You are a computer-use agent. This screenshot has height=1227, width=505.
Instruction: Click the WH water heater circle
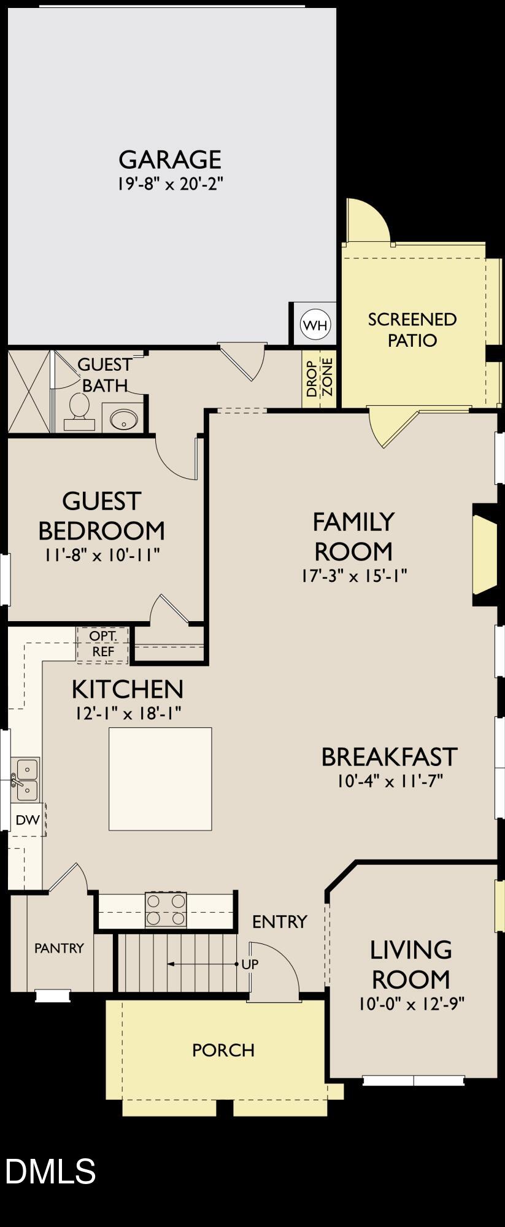coord(315,325)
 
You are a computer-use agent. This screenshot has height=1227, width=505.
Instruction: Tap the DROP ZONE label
coord(320,379)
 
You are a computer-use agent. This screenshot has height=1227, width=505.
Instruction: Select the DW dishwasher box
coord(27,819)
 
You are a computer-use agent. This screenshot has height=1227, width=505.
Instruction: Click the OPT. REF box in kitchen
coord(102,644)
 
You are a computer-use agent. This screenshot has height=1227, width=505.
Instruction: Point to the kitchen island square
coord(160,778)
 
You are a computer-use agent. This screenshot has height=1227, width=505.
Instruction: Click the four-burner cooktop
coord(166,909)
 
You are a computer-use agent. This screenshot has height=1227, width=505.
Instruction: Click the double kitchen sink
coord(26,780)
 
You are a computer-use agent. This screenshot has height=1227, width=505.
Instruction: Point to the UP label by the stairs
coord(250,964)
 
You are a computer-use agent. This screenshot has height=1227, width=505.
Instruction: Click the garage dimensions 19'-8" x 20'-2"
coord(169,184)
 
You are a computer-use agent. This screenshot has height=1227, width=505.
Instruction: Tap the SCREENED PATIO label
coord(412,330)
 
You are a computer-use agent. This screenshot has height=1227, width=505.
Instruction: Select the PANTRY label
coord(59,948)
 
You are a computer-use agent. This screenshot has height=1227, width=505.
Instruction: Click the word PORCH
coord(223,1050)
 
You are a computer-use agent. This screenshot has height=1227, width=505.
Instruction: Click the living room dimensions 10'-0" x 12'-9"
coord(411,1004)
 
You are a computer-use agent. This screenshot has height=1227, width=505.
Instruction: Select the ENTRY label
coord(279,921)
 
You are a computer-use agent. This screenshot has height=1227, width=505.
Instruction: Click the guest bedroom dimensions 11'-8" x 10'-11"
coord(102,555)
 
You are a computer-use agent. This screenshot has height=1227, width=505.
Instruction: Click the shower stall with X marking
coord(28,391)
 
